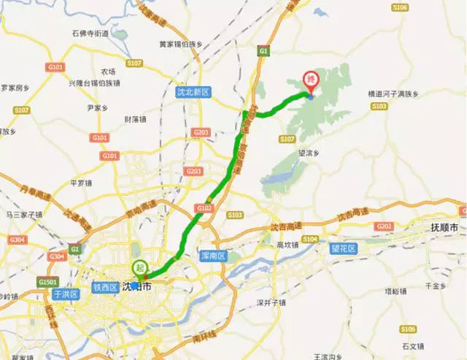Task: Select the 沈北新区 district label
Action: (193, 93)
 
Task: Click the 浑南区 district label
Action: (214, 254)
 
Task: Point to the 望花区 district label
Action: (343, 249)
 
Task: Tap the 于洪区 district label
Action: (65, 294)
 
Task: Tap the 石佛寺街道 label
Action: (90, 34)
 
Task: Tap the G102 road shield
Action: (204, 208)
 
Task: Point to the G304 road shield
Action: (17, 239)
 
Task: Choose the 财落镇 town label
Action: (136, 119)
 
